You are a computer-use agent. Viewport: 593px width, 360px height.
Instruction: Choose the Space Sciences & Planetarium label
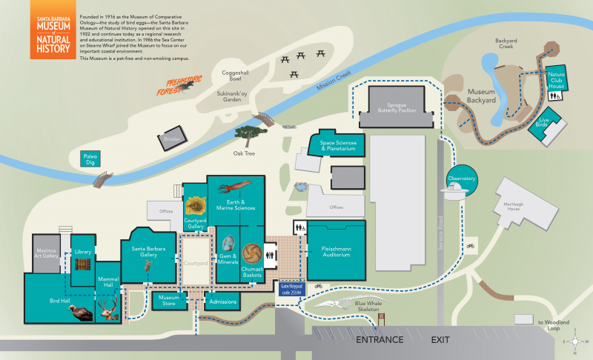[x=338, y=142]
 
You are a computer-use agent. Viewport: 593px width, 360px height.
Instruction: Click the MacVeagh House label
[x=518, y=208]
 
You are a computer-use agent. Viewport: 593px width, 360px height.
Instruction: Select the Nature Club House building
[x=556, y=79]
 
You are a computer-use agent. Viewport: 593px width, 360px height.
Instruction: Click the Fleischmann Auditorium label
[x=336, y=250]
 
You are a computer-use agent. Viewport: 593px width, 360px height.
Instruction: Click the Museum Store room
[x=168, y=300]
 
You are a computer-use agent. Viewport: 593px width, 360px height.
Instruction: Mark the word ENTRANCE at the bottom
[x=380, y=340]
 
